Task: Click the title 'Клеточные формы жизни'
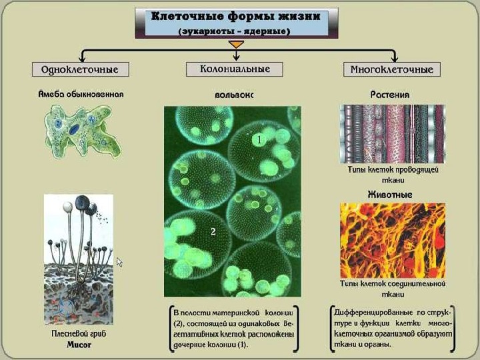coord(236,17)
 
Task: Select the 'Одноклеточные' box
coord(80,69)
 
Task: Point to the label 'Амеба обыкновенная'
coord(80,94)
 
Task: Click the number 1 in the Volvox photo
coord(259,141)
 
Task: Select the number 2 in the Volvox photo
coord(213,231)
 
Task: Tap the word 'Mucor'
coord(78,345)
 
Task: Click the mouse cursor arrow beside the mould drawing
coord(120,262)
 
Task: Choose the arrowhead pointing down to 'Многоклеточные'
coord(393,59)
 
